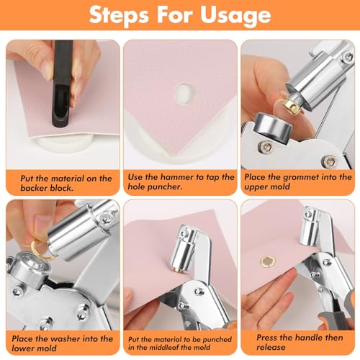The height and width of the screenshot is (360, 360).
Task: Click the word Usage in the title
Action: coord(235,16)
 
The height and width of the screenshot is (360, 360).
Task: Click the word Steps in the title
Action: coord(119,15)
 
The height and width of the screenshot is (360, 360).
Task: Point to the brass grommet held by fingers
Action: coord(293,105)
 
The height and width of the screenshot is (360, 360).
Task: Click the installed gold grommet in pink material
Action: coord(267,260)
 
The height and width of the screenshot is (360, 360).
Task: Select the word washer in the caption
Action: coord(66,339)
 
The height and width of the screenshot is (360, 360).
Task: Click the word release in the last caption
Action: coord(271,347)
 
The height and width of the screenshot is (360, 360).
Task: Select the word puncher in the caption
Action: coord(166,186)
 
